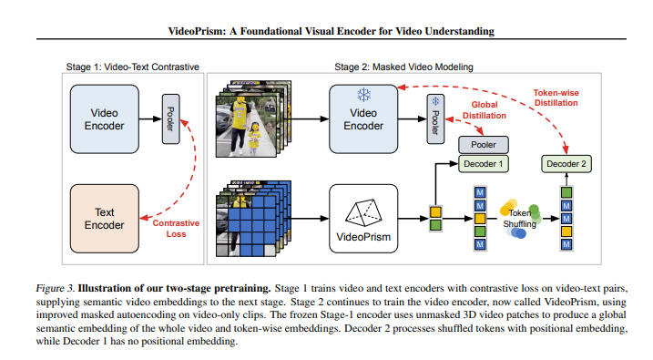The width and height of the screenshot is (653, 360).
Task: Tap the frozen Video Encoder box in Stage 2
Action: tap(363, 119)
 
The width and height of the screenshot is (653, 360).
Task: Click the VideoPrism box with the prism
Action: tap(363, 219)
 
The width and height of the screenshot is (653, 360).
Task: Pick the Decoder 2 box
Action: tap(566, 164)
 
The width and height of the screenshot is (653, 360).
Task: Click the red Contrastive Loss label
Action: tap(176, 228)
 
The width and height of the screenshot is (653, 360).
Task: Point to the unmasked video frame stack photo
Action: tap(240, 122)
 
